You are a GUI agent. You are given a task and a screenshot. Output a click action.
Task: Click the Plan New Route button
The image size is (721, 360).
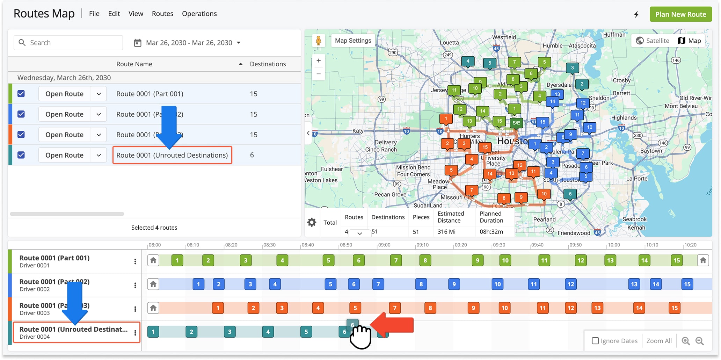680,14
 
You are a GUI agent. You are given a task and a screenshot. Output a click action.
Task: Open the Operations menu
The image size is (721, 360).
199,14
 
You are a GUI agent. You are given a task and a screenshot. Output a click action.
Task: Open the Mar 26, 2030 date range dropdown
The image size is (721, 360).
188,43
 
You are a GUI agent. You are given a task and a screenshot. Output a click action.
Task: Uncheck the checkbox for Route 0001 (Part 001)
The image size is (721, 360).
21,94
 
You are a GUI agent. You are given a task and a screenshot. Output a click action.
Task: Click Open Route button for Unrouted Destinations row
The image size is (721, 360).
64,155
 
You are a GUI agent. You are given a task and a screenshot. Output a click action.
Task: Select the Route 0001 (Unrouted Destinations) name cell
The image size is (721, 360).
172,155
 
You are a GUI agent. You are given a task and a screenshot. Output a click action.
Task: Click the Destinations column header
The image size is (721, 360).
268,64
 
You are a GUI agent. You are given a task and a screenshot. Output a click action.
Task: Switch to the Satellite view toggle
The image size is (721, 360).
652,41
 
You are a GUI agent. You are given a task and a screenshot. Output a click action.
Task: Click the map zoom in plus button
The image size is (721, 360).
319,60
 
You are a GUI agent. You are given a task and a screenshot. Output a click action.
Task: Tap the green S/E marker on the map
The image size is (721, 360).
516,123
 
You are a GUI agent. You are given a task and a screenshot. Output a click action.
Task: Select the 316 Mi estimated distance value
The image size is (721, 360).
446,231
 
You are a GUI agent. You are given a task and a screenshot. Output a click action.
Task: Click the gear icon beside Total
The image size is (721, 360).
312,222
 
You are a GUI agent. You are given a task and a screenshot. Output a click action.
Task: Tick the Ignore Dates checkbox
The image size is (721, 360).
595,341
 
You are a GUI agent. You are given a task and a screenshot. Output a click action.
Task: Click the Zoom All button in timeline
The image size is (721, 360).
659,341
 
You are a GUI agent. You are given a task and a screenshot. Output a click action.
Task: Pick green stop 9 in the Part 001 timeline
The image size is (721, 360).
477,260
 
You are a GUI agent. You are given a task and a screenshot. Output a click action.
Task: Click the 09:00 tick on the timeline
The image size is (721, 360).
384,245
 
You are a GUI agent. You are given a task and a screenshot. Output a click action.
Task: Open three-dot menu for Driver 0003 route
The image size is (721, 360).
135,309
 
